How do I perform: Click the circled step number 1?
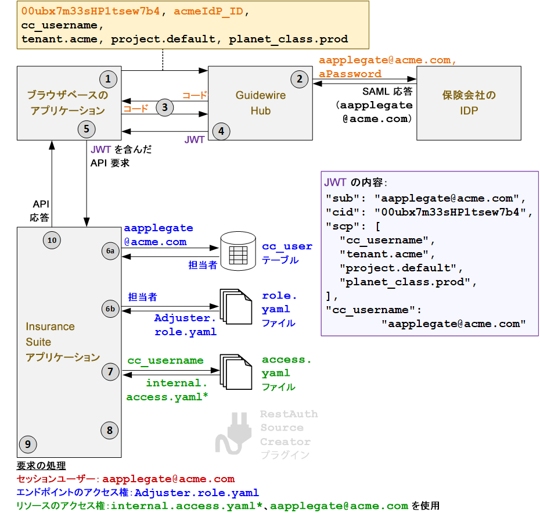(108, 78)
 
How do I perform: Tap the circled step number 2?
(299, 79)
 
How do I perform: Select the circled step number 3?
(165, 107)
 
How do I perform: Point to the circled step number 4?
(221, 131)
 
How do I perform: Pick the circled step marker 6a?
(110, 250)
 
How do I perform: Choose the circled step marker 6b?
(110, 309)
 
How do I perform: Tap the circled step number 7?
(110, 371)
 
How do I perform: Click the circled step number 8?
(110, 430)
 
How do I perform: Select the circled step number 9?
(27, 444)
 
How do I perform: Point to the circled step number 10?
(52, 239)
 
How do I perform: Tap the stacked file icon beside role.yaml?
(235, 308)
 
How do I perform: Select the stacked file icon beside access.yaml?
(235, 372)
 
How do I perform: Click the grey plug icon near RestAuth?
(233, 433)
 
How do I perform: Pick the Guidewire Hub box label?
(261, 103)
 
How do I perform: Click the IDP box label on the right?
(469, 103)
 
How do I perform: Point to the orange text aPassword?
(350, 74)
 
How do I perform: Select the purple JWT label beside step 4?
(194, 140)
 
